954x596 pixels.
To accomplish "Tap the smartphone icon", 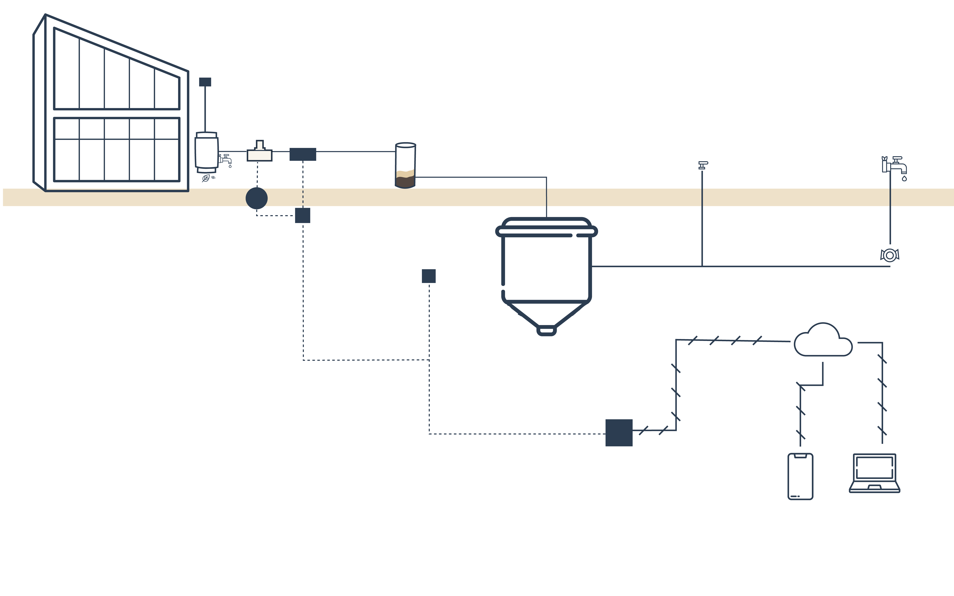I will pyautogui.click(x=800, y=476).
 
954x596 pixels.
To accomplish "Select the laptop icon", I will pyautogui.click(x=874, y=473).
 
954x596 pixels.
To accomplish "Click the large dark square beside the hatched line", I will pyautogui.click(x=619, y=432).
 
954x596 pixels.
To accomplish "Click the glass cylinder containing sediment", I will pyautogui.click(x=405, y=166).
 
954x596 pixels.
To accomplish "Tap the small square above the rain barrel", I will pyautogui.click(x=205, y=82).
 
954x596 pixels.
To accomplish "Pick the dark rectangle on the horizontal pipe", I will pyautogui.click(x=303, y=154).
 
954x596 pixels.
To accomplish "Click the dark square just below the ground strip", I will pyautogui.click(x=303, y=216).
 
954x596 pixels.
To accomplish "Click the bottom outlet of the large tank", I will pyautogui.click(x=546, y=331).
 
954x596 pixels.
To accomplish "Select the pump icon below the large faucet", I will pyautogui.click(x=890, y=255).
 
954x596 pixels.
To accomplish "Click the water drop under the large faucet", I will pyautogui.click(x=904, y=179).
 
